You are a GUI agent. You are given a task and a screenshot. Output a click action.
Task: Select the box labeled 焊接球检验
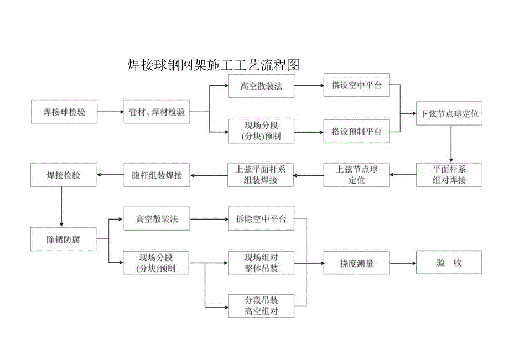64,112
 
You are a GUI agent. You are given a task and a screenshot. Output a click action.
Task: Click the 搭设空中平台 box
356,86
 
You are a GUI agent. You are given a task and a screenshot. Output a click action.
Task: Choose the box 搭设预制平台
356,132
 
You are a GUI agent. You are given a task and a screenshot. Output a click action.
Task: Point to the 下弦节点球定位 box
449,114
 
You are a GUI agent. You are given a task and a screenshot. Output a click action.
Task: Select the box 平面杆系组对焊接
449,175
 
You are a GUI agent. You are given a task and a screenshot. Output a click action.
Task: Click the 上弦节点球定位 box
356,175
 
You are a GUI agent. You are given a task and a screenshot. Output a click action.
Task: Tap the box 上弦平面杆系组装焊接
261,175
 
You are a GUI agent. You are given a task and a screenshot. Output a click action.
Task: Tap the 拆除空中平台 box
261,219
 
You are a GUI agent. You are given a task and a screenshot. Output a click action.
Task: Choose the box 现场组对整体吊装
261,263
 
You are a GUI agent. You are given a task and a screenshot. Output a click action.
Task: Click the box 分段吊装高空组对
261,306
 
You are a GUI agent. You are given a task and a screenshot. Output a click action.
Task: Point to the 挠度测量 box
356,264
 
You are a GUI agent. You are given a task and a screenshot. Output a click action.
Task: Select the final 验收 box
449,263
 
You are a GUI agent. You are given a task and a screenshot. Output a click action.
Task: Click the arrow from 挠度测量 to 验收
403,264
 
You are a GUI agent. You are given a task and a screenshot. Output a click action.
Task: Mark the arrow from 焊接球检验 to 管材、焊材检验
111,112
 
